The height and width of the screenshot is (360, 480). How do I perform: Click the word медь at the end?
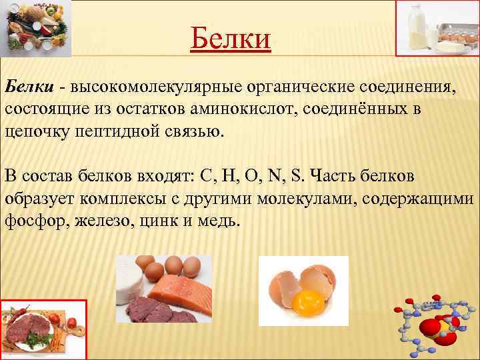pos(217,221)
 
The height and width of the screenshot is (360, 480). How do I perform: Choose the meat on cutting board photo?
pos(43,329)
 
